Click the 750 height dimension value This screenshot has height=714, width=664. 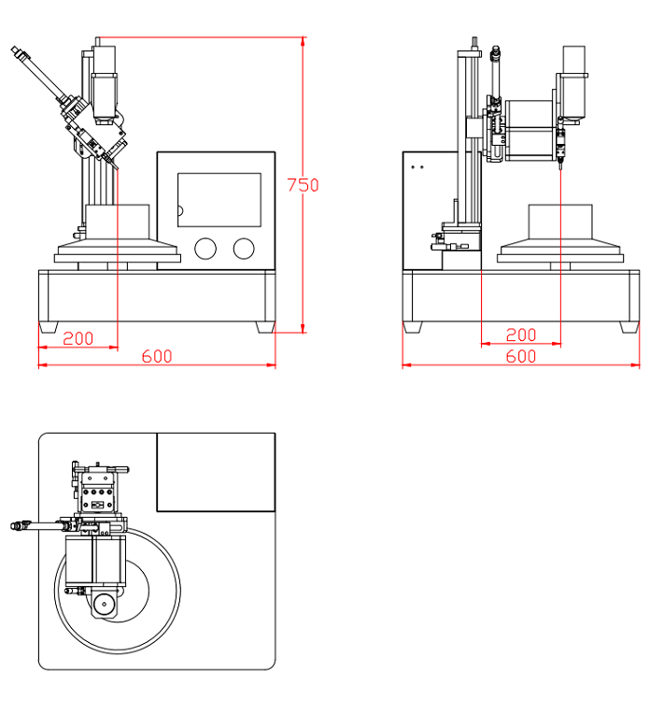303,185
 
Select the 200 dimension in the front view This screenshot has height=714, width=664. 78,338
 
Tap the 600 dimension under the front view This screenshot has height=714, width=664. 157,356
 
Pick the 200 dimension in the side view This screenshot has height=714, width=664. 520,336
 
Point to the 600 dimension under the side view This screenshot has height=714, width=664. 520,356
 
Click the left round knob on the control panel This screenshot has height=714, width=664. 205,248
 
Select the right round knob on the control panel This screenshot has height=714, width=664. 243,248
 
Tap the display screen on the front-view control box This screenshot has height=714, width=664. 219,199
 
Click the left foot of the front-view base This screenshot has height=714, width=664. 49,327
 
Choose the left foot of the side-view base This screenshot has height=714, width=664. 412,327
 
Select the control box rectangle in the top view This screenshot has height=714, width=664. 216,472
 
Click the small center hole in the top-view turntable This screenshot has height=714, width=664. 106,605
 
